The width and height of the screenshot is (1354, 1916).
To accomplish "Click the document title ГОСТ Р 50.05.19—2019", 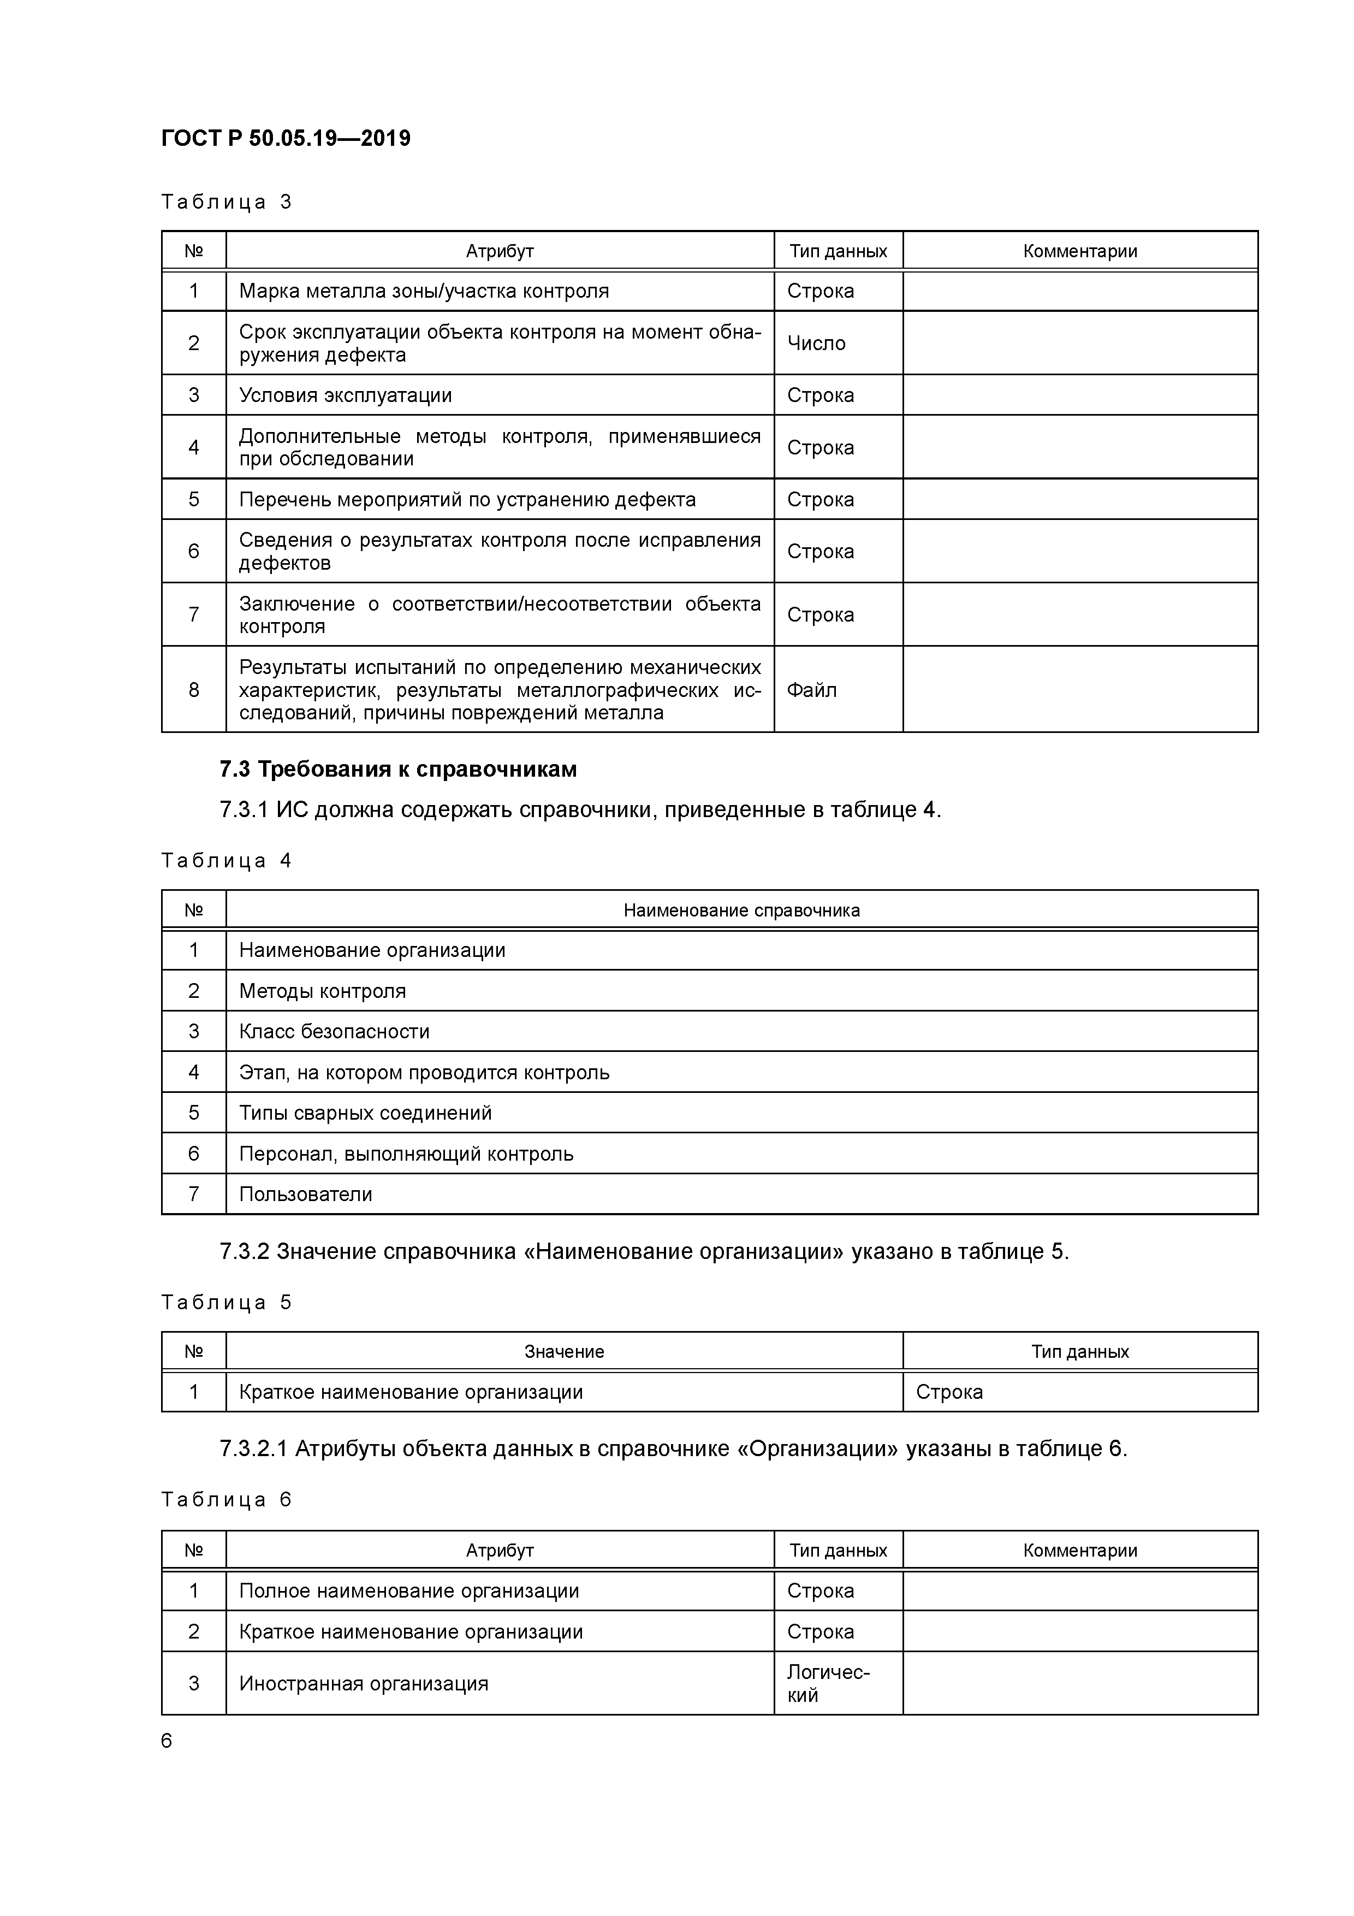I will point(286,139).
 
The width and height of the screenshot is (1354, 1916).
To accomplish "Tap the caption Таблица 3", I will point(226,202).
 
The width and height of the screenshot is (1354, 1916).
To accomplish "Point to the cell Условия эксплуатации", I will point(346,395).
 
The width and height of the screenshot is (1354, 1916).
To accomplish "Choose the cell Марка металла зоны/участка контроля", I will point(424,291).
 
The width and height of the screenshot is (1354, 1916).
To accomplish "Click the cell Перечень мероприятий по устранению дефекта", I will point(467,500).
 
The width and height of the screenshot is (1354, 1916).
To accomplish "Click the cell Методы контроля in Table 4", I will point(322,991).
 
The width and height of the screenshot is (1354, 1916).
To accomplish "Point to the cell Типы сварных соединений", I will point(365,1113).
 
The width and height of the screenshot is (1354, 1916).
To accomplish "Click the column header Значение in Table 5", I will point(564,1352).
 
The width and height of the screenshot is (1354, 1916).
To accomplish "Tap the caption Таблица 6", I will point(226,1500).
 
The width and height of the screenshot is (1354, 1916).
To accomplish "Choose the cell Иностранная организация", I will point(363,1684).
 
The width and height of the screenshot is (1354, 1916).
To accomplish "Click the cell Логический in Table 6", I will point(828,1684).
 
